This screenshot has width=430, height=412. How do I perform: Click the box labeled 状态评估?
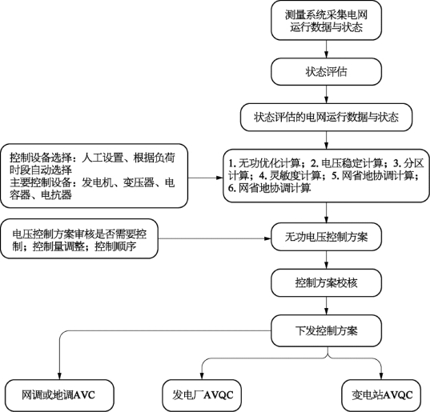[x=326, y=71]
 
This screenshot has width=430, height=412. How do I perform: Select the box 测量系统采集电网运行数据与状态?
[x=326, y=20]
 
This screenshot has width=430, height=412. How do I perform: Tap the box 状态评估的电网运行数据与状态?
[x=326, y=118]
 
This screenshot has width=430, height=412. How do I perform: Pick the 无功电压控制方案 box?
[x=326, y=237]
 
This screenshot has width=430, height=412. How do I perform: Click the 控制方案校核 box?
[x=326, y=282]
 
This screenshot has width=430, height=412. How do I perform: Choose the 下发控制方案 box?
[x=326, y=330]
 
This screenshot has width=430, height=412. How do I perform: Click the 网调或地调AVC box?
[x=59, y=395]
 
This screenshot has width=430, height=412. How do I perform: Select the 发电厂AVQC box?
[x=202, y=395]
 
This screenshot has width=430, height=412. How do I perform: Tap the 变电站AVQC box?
[x=381, y=395]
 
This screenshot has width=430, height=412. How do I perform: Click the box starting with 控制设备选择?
[x=94, y=175]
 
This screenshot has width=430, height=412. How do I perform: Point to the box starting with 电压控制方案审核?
[x=79, y=238]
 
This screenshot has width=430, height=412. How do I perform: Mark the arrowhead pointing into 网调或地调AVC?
[x=59, y=376]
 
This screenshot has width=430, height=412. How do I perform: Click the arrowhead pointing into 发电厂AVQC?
[x=202, y=376]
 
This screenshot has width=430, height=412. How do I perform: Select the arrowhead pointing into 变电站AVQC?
[x=381, y=376]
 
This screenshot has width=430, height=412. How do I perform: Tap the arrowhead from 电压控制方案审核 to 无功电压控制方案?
[x=267, y=238]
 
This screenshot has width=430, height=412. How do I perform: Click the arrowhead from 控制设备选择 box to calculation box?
[x=219, y=178]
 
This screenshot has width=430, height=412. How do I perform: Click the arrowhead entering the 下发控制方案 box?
[x=326, y=311]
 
